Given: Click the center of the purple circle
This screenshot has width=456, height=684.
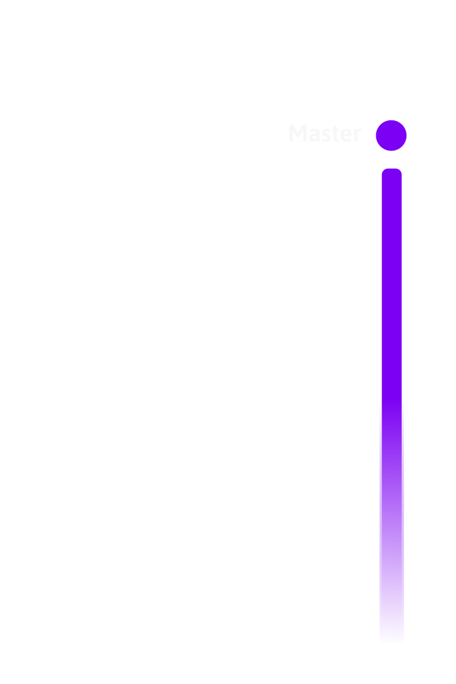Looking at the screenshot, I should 391,136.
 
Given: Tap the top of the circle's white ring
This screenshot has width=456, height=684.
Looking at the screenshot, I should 391,118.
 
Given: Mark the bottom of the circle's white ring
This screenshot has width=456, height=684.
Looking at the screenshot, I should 391,154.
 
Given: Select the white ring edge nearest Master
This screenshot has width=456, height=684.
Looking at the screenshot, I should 373,136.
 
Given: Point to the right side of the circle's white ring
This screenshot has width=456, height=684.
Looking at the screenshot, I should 409,136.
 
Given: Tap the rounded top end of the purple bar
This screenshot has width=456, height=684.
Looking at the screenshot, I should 392,174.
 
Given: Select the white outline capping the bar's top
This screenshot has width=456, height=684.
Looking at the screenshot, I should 392,167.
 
